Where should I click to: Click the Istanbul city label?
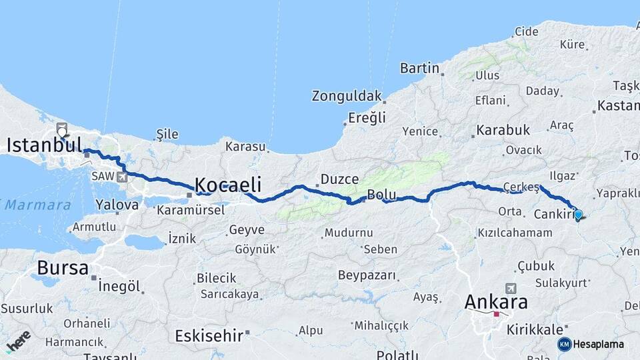(45, 145)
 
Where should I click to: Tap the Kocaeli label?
(227, 185)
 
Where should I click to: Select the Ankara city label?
(496, 302)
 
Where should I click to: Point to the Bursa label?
(63, 268)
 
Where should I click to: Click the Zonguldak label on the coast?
(347, 96)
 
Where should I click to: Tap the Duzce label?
(340, 179)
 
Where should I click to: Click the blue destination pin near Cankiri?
(578, 215)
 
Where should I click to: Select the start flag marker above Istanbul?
(62, 129)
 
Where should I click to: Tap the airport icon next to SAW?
(121, 177)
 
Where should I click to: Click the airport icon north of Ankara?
(511, 288)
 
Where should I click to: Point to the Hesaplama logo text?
(599, 344)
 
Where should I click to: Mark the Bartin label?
(419, 68)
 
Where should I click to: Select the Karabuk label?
(503, 130)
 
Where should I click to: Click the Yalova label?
(117, 205)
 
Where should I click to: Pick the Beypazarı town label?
(367, 275)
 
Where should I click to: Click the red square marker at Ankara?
(497, 314)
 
